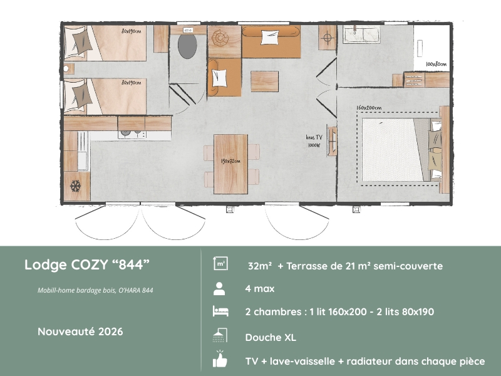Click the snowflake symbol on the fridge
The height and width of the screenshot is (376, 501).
click(75, 186)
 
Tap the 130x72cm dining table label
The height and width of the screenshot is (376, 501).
click(230, 161)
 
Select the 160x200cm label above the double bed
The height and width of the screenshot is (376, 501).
click(369, 108)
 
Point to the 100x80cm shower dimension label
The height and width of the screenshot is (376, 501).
click(436, 65)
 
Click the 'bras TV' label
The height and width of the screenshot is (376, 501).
click(314, 137)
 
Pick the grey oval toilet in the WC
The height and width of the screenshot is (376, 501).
click(187, 46)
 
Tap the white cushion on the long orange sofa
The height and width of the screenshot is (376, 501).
click(270, 37)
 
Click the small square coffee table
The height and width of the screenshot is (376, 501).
click(264, 81)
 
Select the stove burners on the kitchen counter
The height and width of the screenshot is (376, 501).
click(132, 134)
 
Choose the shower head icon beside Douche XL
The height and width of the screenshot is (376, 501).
click(220, 336)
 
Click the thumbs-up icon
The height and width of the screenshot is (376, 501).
click(220, 359)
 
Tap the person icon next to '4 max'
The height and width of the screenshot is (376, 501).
click(219, 289)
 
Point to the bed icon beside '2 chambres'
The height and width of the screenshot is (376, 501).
click(220, 311)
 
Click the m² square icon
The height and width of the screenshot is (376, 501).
click(220, 264)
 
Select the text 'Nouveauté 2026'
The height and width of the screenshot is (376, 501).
click(80, 332)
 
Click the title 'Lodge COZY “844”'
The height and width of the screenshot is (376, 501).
click(87, 264)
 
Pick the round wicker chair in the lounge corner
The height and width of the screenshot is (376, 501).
click(220, 38)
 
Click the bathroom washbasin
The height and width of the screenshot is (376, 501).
click(362, 34)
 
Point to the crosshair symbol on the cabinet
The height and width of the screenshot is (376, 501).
click(327, 38)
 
